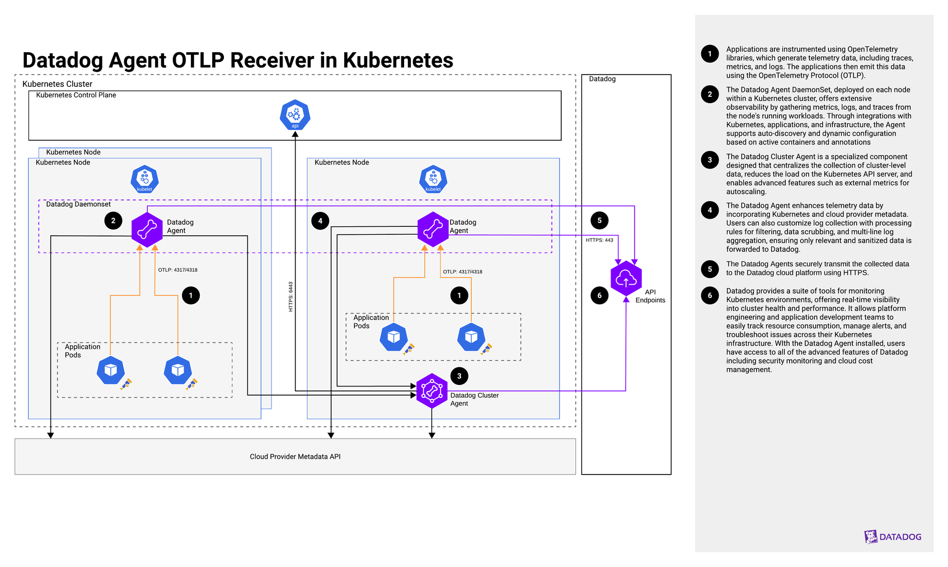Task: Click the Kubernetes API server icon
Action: [x=295, y=115]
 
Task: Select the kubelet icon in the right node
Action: [x=433, y=179]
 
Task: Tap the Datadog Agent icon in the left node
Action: [x=147, y=229]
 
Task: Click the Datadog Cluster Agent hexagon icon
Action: [x=431, y=391]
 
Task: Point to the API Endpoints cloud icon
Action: [x=626, y=278]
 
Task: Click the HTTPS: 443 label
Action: [x=599, y=240]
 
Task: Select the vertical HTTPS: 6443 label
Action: [x=290, y=296]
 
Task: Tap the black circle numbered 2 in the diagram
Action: [x=113, y=221]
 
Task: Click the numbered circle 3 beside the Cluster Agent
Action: [x=459, y=376]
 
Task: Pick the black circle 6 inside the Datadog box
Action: [x=599, y=295]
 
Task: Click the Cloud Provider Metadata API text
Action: [x=295, y=457]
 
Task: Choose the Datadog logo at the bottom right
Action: [x=893, y=537]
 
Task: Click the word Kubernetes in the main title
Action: [x=398, y=60]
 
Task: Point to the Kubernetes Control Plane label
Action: [x=76, y=95]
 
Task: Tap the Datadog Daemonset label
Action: [x=78, y=205]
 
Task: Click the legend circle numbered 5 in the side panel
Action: [x=710, y=269]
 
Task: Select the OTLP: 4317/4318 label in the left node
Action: [x=177, y=270]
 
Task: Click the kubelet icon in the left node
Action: [x=144, y=179]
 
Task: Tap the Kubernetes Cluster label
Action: [x=57, y=84]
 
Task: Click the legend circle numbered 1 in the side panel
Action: [x=710, y=54]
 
